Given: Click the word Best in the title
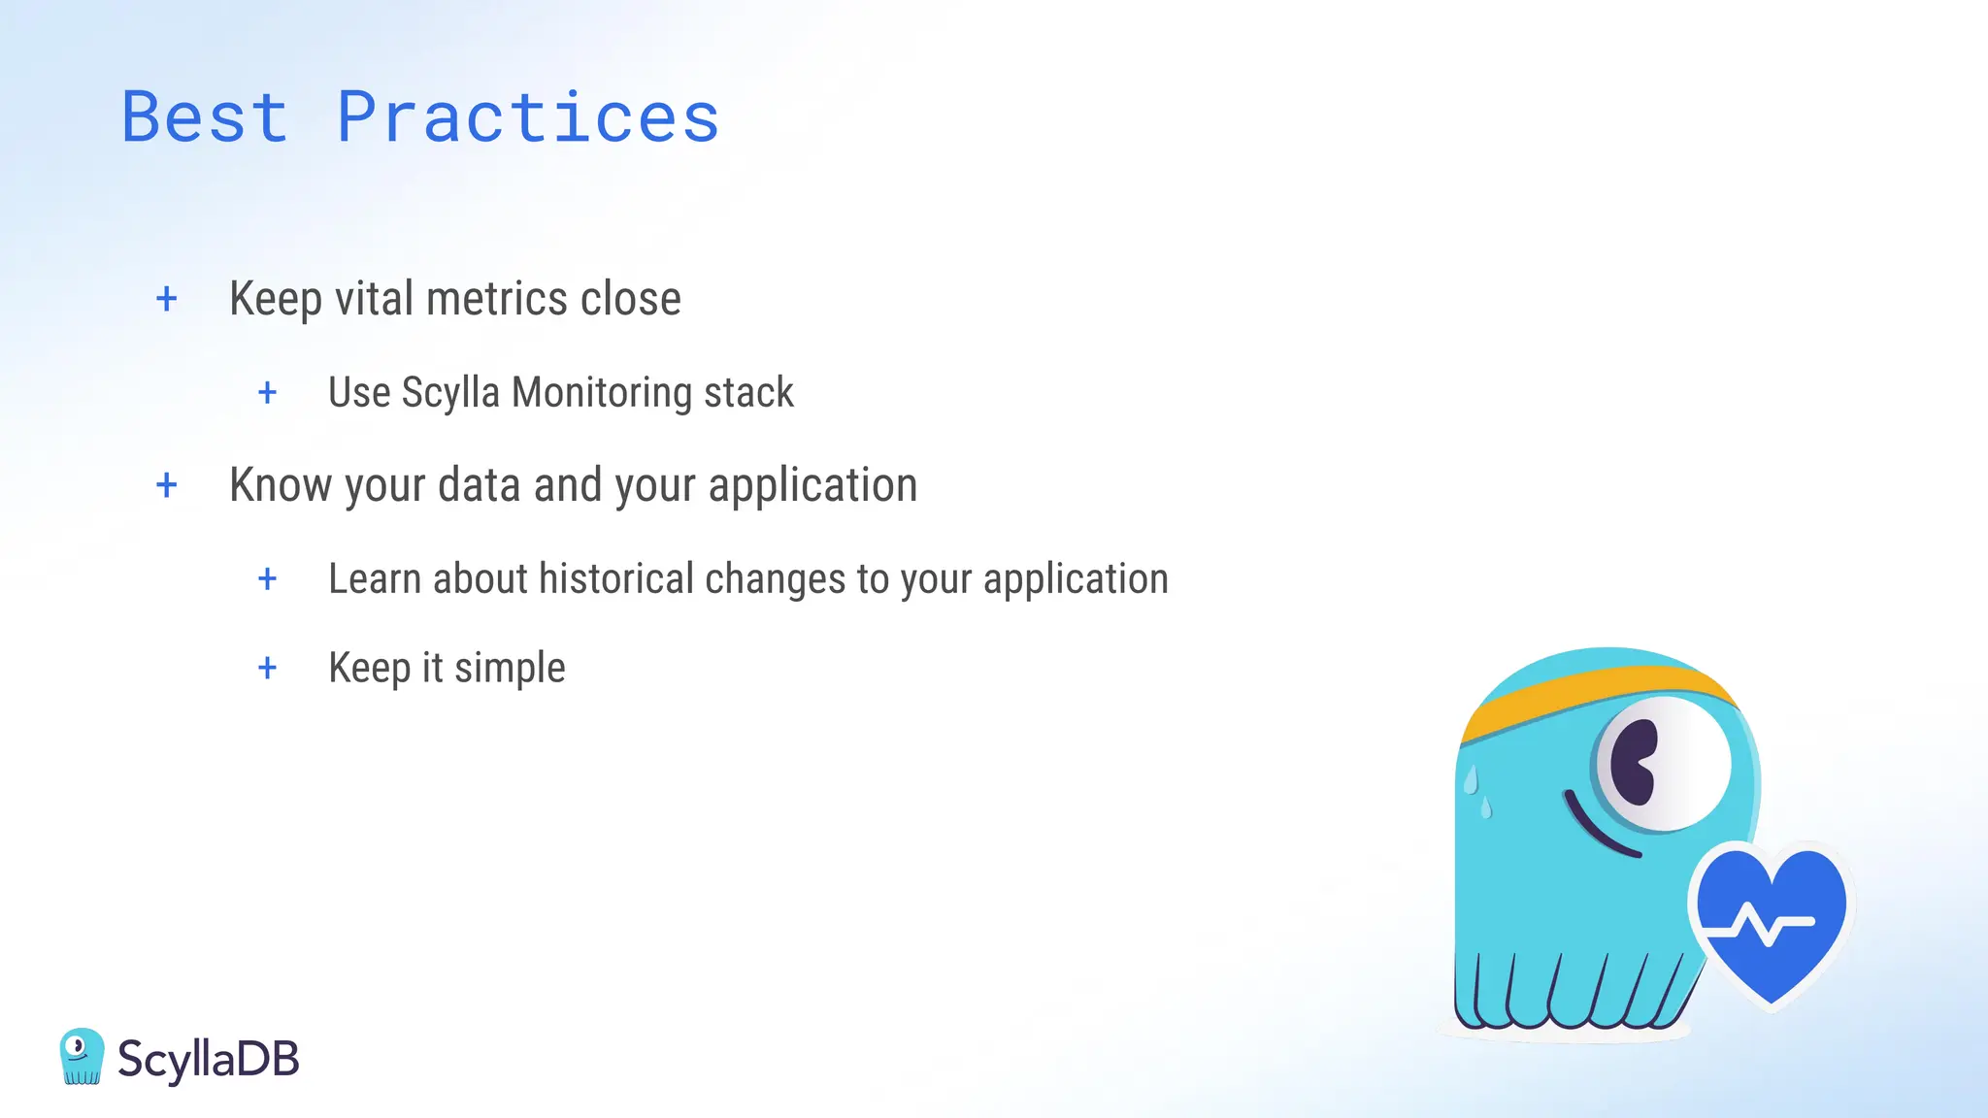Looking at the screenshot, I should [205, 117].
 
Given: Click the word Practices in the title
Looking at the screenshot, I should [528, 117].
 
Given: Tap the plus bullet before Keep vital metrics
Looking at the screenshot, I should [167, 299].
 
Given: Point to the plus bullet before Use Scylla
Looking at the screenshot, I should [268, 393].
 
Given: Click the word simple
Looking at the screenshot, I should [510, 669].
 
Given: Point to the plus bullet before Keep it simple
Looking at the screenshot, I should [268, 669].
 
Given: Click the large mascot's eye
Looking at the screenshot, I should [1662, 763].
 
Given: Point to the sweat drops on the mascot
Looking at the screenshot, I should [1477, 791].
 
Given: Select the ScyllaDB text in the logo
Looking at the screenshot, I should [208, 1059].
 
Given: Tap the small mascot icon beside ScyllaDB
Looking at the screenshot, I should [81, 1056].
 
